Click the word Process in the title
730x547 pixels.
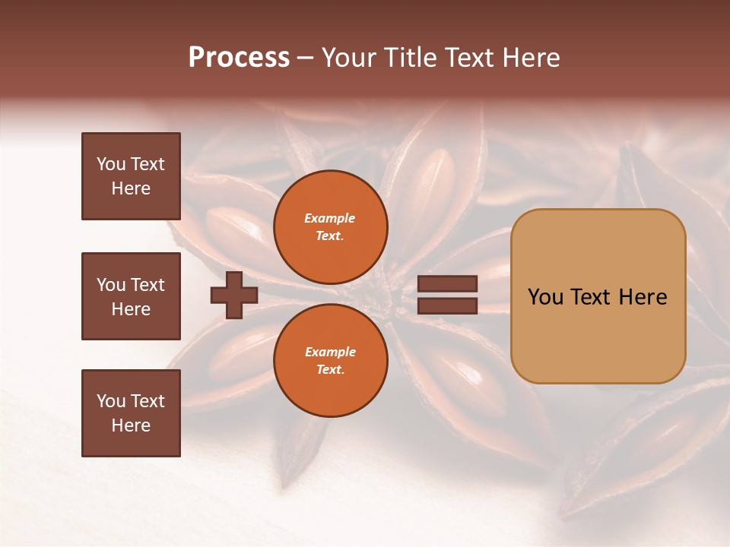[239, 58]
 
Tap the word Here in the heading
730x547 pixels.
[530, 58]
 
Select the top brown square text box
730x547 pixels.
[131, 176]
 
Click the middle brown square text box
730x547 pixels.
[131, 296]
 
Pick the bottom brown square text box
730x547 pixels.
[131, 413]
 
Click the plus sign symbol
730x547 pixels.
[234, 295]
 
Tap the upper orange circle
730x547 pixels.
[330, 226]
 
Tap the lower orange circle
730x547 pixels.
[330, 360]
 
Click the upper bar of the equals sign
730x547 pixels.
[448, 283]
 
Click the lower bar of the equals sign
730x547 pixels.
[448, 305]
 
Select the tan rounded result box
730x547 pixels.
[598, 334]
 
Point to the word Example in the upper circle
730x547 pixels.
[329, 218]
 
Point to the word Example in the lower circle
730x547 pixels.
[329, 352]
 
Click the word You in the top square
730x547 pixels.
[111, 164]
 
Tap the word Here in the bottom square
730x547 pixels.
[131, 425]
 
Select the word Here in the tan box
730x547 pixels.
[643, 297]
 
